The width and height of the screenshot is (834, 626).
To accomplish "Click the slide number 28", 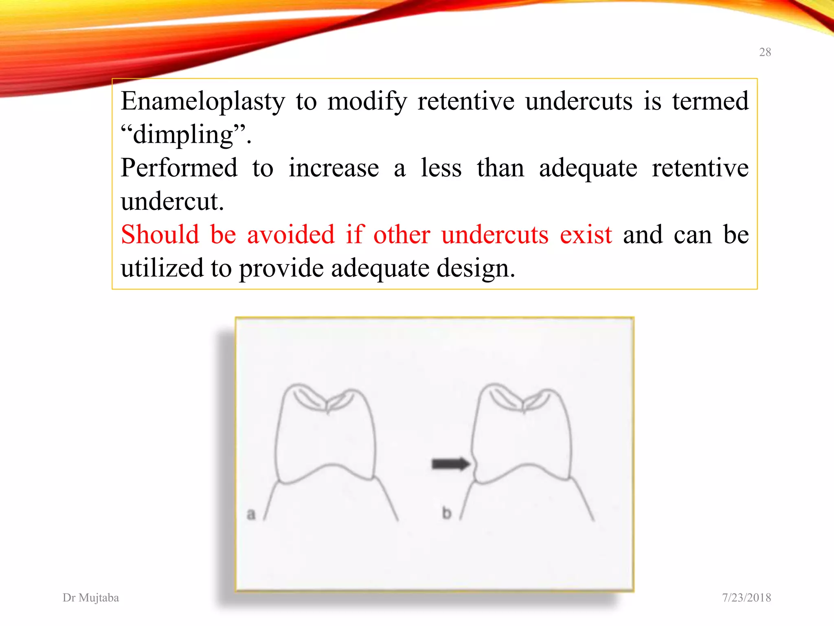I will (x=765, y=52).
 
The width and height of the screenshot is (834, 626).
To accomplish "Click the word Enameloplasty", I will (x=203, y=101).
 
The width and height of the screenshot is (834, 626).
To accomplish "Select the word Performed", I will (x=179, y=168).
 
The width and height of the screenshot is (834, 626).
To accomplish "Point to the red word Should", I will (x=160, y=235).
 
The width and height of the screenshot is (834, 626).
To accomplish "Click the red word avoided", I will (x=291, y=235).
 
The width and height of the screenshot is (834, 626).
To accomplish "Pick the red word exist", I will (x=586, y=235).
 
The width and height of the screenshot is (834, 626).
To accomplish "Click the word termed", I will (x=710, y=101).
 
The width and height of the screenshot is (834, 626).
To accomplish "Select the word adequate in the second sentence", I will (x=588, y=169).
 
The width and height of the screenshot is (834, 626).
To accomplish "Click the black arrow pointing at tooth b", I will (x=450, y=464).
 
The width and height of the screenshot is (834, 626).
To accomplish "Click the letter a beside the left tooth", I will (x=251, y=514).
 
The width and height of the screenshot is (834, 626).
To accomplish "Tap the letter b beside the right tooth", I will (x=447, y=513).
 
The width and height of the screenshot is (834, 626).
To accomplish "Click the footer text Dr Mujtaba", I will (x=91, y=597).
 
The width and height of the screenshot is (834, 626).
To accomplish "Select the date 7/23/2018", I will (x=746, y=597).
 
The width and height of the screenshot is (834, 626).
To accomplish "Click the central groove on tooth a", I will (x=328, y=408).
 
